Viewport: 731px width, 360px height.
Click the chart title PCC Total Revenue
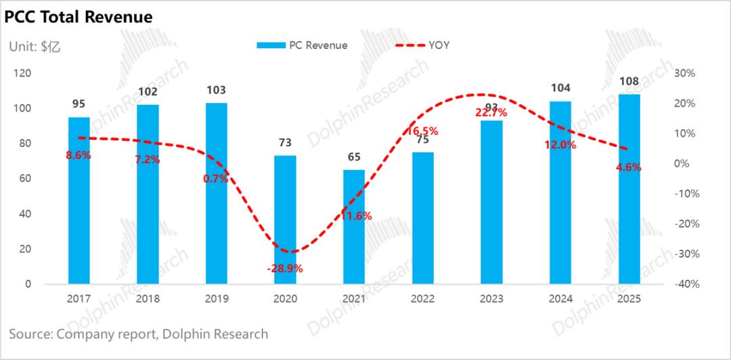[79, 17]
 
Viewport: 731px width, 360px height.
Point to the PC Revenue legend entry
[302, 45]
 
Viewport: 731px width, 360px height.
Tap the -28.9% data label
[285, 269]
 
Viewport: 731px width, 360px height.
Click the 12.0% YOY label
[560, 145]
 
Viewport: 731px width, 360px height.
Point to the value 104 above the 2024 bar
[560, 88]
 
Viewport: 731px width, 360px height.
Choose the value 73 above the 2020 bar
[285, 142]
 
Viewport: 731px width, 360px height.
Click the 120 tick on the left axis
[22, 73]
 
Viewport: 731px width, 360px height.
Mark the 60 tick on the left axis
[25, 179]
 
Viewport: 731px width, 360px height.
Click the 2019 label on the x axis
[217, 298]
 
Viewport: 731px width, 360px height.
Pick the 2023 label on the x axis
[491, 298]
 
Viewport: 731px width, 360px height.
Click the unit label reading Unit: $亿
[35, 46]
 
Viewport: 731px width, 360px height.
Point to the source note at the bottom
[139, 334]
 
